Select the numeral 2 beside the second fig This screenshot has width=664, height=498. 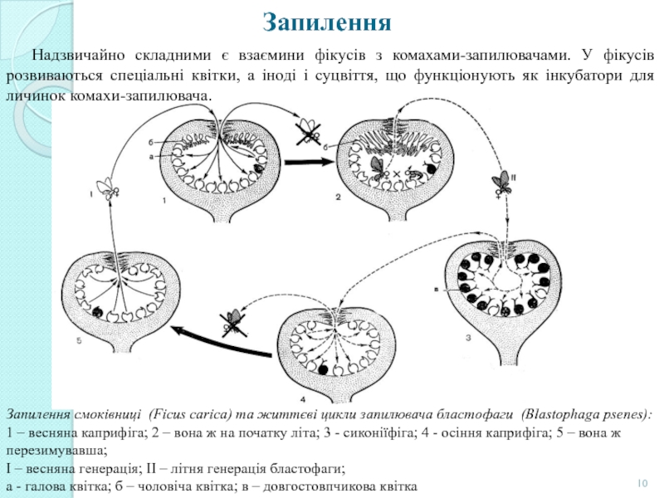tap(338, 198)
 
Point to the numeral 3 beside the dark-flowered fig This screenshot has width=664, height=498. tap(468, 337)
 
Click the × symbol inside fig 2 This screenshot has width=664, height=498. tap(397, 175)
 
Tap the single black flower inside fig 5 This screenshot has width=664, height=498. tap(99, 313)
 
